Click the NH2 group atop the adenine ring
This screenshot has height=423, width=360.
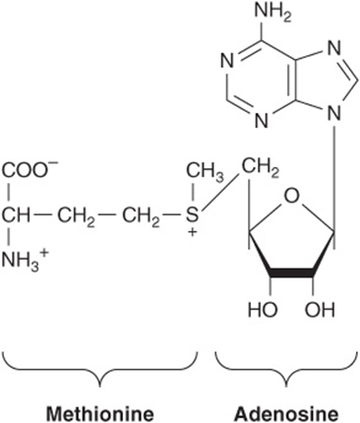pyautogui.click(x=272, y=14)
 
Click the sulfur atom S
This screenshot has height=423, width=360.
pyautogui.click(x=193, y=215)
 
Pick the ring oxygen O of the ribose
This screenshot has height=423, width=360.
pyautogui.click(x=291, y=196)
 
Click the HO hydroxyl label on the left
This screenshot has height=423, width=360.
pyautogui.click(x=263, y=310)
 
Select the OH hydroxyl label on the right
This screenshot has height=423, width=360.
pyautogui.click(x=320, y=310)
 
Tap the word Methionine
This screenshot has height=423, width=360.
pyautogui.click(x=100, y=414)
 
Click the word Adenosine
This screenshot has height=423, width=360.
pyautogui.click(x=286, y=414)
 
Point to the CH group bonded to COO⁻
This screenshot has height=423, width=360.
pyautogui.click(x=17, y=215)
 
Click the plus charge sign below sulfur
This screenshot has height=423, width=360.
pyautogui.click(x=193, y=232)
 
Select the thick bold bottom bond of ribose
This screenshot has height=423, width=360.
pyautogui.click(x=291, y=273)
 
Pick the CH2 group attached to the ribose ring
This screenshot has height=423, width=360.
pyautogui.click(x=261, y=169)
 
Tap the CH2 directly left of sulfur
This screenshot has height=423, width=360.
pyautogui.click(x=141, y=217)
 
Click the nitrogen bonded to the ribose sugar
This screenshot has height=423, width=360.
pyautogui.click(x=334, y=115)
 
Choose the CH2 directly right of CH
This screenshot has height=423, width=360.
pyautogui.click(x=77, y=217)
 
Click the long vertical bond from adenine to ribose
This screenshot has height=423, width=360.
pyautogui.click(x=334, y=180)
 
